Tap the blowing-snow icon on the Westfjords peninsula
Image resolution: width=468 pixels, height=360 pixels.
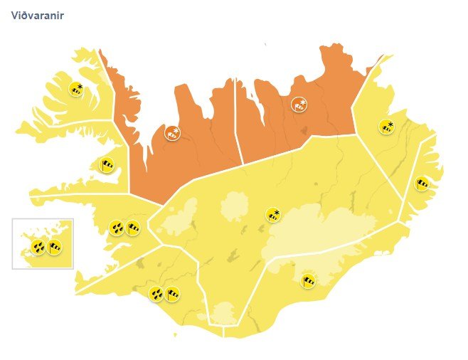(75, 90)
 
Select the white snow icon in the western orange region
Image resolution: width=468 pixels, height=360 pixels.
(172, 133)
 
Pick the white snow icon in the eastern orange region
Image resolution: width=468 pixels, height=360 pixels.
(299, 105)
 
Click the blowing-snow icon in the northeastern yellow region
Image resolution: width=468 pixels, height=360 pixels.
(388, 127)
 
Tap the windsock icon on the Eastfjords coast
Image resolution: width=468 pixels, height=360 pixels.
(421, 184)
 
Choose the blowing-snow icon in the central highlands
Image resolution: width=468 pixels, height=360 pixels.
(272, 214)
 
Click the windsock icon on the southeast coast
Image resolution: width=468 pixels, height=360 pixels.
(309, 280)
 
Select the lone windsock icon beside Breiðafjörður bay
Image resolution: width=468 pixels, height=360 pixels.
(106, 166)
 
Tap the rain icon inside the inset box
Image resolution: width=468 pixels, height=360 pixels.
(38, 248)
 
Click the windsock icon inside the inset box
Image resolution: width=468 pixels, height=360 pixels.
(54, 248)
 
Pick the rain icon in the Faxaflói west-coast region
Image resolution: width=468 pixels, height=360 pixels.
(117, 228)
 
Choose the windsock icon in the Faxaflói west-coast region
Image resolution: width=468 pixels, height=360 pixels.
(132, 228)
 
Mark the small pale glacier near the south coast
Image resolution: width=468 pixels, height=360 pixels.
(225, 312)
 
